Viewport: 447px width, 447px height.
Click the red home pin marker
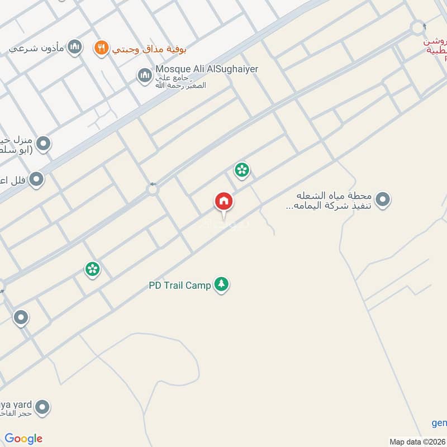coord(224,202)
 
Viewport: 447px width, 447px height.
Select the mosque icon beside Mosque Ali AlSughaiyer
coord(145,75)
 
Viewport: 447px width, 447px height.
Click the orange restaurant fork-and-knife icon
coord(101,48)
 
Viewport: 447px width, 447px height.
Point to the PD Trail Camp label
coord(180,286)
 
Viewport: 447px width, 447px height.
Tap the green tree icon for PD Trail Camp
coord(222,285)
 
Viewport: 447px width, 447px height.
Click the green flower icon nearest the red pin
coord(242,169)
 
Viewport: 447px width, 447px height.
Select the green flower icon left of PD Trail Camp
coord(93,269)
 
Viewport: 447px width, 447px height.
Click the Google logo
coord(23,439)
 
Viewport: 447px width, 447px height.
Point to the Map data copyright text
coord(416,441)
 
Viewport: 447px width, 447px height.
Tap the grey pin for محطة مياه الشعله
coord(383,199)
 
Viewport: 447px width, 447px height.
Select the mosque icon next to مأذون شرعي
coord(74,47)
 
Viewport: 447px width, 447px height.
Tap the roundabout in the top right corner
coord(417,27)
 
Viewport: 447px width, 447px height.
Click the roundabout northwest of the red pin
coord(153,190)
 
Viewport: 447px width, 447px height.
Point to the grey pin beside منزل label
coord(43,144)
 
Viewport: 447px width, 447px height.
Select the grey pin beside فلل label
coord(36,179)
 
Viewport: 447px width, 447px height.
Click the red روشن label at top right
coord(435,42)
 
